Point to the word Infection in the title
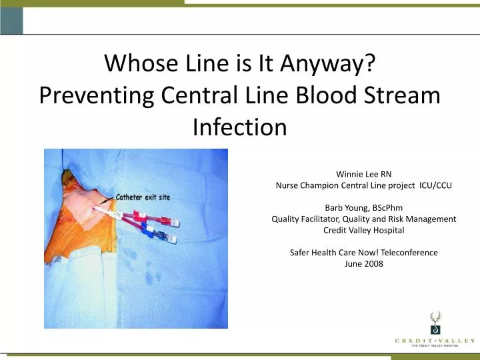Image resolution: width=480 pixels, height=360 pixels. [x=239, y=127]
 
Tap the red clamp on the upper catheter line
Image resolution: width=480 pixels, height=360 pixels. [x=143, y=217]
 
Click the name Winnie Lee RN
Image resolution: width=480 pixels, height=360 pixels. [x=363, y=175]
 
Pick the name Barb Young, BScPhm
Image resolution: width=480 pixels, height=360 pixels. [x=363, y=207]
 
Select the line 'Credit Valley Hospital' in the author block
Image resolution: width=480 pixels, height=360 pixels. [x=363, y=230]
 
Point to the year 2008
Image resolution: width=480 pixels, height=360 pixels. [x=373, y=263]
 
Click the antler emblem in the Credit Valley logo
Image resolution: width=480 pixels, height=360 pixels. [x=435, y=323]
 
